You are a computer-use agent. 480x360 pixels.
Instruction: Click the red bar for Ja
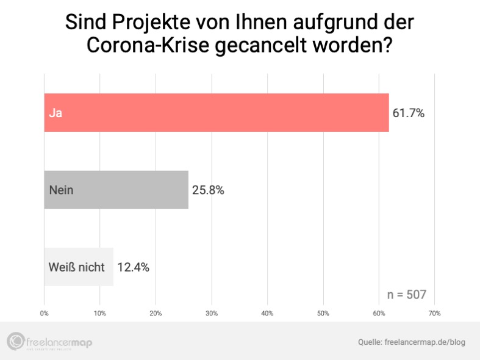(216, 113)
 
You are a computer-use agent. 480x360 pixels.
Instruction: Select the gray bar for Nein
(116, 190)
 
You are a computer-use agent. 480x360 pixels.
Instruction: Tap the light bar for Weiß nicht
(78, 267)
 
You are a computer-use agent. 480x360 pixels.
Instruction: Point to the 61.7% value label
(408, 113)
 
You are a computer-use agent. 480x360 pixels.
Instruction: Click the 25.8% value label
(208, 190)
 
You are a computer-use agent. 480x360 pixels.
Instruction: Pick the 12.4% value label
(133, 267)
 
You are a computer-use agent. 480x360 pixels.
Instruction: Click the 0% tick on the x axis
(44, 313)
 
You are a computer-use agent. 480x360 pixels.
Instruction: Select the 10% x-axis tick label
(100, 313)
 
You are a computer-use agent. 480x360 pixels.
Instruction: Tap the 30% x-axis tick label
(212, 313)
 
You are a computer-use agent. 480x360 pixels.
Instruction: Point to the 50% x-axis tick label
(323, 313)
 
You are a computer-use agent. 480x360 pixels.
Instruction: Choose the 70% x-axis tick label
(435, 313)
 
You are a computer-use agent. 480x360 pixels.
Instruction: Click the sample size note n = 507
(406, 295)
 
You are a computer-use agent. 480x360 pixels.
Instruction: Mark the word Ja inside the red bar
(56, 113)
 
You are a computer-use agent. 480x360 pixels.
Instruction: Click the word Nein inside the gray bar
(61, 190)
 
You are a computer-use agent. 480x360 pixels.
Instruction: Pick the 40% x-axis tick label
(267, 313)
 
